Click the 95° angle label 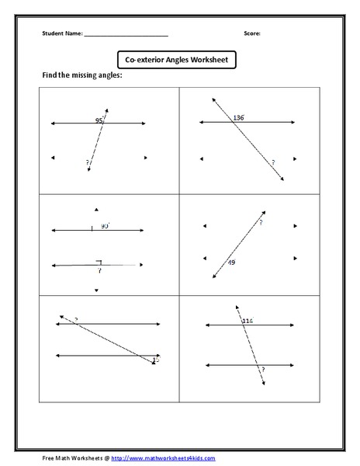(99, 120)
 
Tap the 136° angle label (239, 117)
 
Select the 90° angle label (104, 225)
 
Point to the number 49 (231, 263)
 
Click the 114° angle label (247, 320)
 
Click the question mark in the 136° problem (273, 162)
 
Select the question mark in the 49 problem (261, 222)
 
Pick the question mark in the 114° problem (263, 369)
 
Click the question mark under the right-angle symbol (99, 271)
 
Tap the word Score (253, 34)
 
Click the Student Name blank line (126, 36)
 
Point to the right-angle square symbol (99, 263)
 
